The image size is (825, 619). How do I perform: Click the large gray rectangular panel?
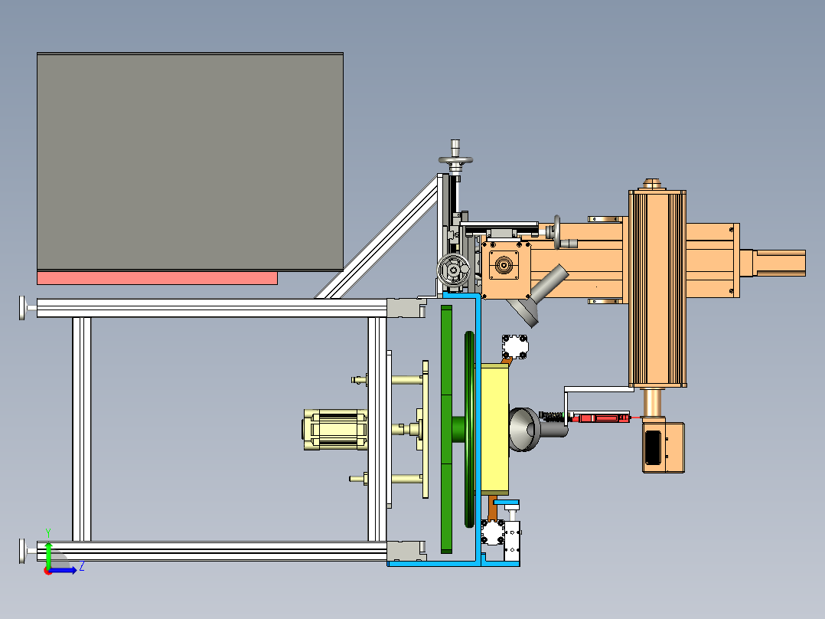click(190, 162)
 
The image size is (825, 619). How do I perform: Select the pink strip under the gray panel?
click(157, 278)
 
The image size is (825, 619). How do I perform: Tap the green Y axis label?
click(48, 533)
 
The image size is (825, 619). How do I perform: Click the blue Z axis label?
click(82, 567)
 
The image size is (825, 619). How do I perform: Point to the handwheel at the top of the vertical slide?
click(455, 159)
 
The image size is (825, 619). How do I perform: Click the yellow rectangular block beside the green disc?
click(494, 429)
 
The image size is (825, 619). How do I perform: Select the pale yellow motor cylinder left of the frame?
click(335, 430)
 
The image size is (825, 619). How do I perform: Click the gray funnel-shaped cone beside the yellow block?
click(524, 429)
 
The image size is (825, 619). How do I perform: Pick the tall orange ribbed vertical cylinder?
click(657, 289)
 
